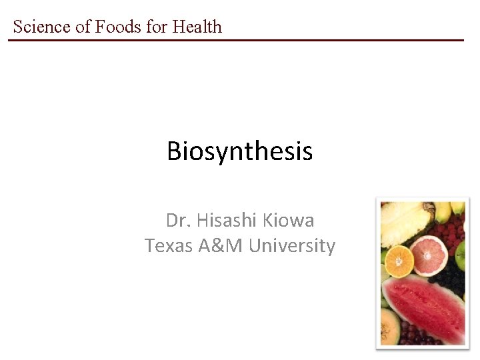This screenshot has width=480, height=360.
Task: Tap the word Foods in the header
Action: coord(117,27)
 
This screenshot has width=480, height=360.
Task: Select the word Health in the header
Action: coord(197,27)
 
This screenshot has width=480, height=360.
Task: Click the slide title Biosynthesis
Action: coord(239,151)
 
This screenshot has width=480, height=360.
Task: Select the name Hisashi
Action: coord(223,220)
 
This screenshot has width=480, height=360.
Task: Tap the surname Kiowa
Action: coord(289,220)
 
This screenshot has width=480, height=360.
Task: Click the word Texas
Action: coord(169,246)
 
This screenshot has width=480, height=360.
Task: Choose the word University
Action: coord(292,246)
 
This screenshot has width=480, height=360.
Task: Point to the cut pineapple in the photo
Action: coord(404,222)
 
